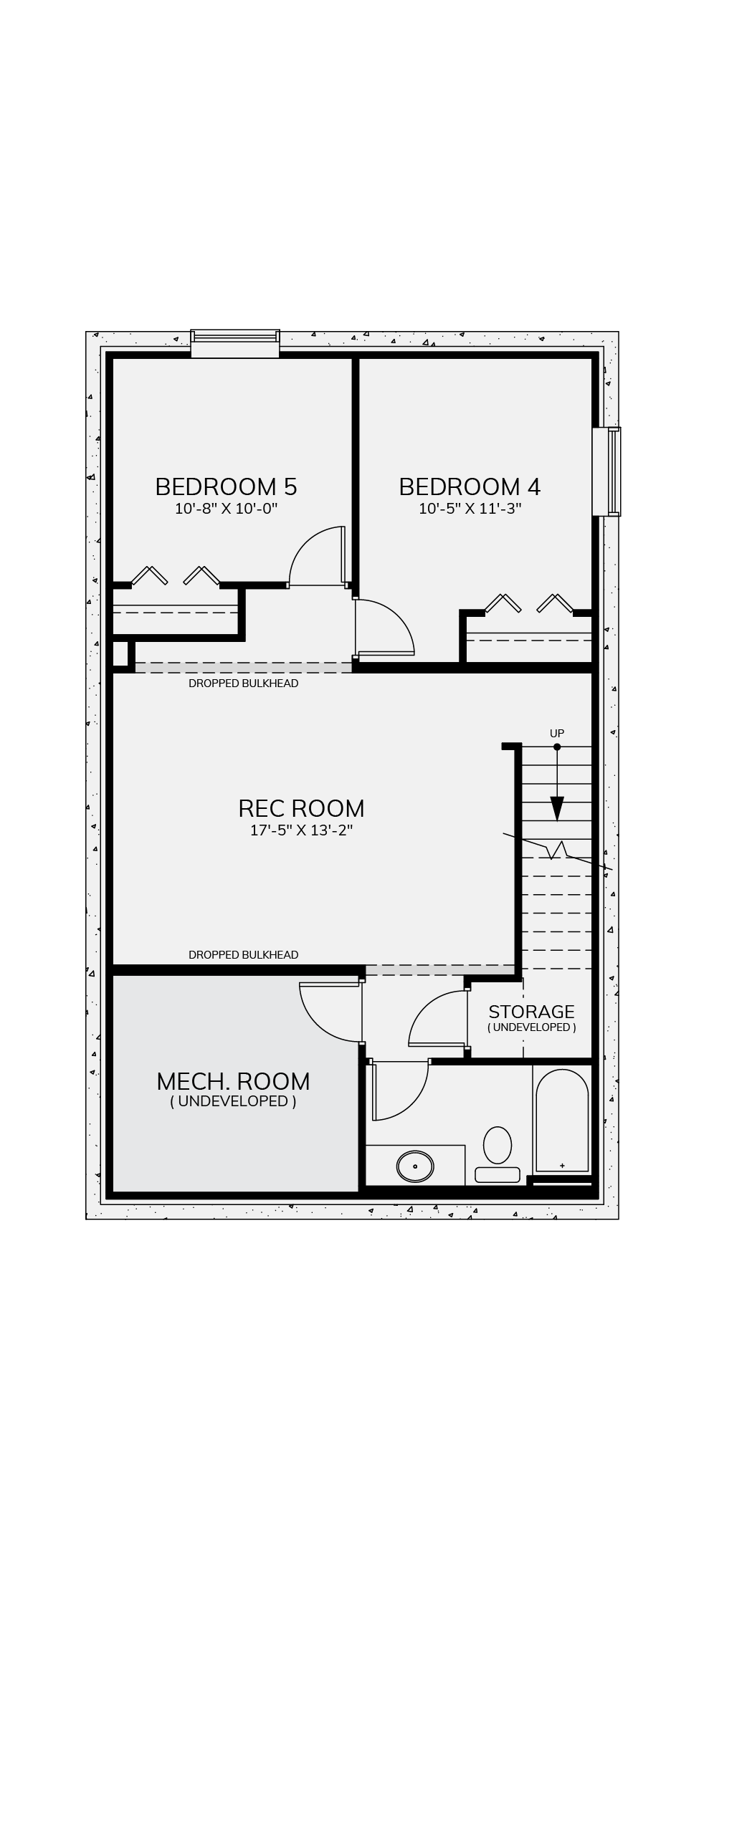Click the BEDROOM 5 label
click(226, 487)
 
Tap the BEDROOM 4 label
click(470, 487)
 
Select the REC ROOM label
click(301, 808)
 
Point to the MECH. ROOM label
click(233, 1081)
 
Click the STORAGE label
click(531, 1012)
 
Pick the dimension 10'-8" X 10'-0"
click(226, 509)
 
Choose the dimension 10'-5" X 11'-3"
click(470, 509)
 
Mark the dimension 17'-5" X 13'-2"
click(301, 830)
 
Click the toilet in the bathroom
click(498, 1154)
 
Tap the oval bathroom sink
click(415, 1166)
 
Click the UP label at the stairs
click(557, 733)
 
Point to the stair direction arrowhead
click(557, 809)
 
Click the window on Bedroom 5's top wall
click(235, 344)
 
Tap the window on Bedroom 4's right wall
click(606, 471)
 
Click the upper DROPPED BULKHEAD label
click(243, 684)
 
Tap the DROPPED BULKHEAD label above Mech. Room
click(243, 954)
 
